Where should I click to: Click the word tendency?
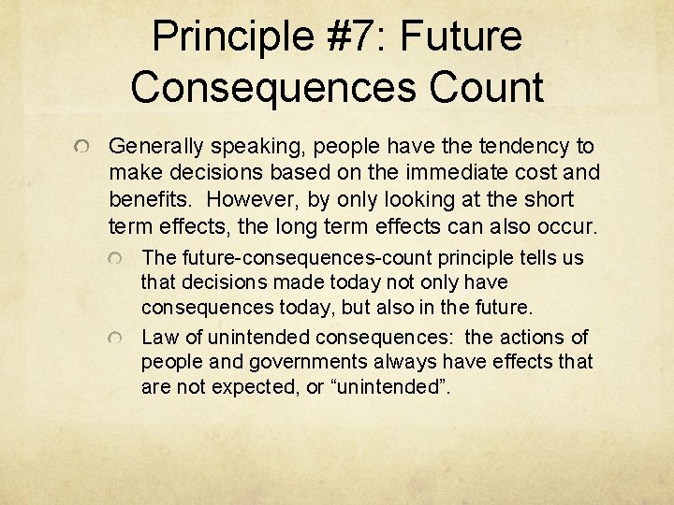(531, 147)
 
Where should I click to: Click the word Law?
(157, 336)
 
